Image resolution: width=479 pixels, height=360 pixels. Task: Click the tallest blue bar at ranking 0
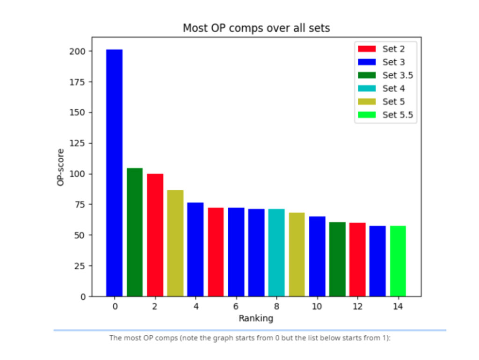[114, 173]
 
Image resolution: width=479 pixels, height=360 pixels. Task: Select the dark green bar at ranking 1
[135, 232]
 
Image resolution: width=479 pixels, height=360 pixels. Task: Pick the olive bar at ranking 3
[175, 243]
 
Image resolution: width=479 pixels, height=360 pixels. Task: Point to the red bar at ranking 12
[357, 259]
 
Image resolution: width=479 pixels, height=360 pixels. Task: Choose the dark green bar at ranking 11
[337, 259]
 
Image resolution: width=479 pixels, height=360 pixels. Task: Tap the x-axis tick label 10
[317, 307]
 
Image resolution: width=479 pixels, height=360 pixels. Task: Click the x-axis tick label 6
[236, 307]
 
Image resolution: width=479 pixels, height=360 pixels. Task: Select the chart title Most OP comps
[256, 28]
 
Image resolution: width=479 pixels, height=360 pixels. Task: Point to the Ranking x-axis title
[256, 319]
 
